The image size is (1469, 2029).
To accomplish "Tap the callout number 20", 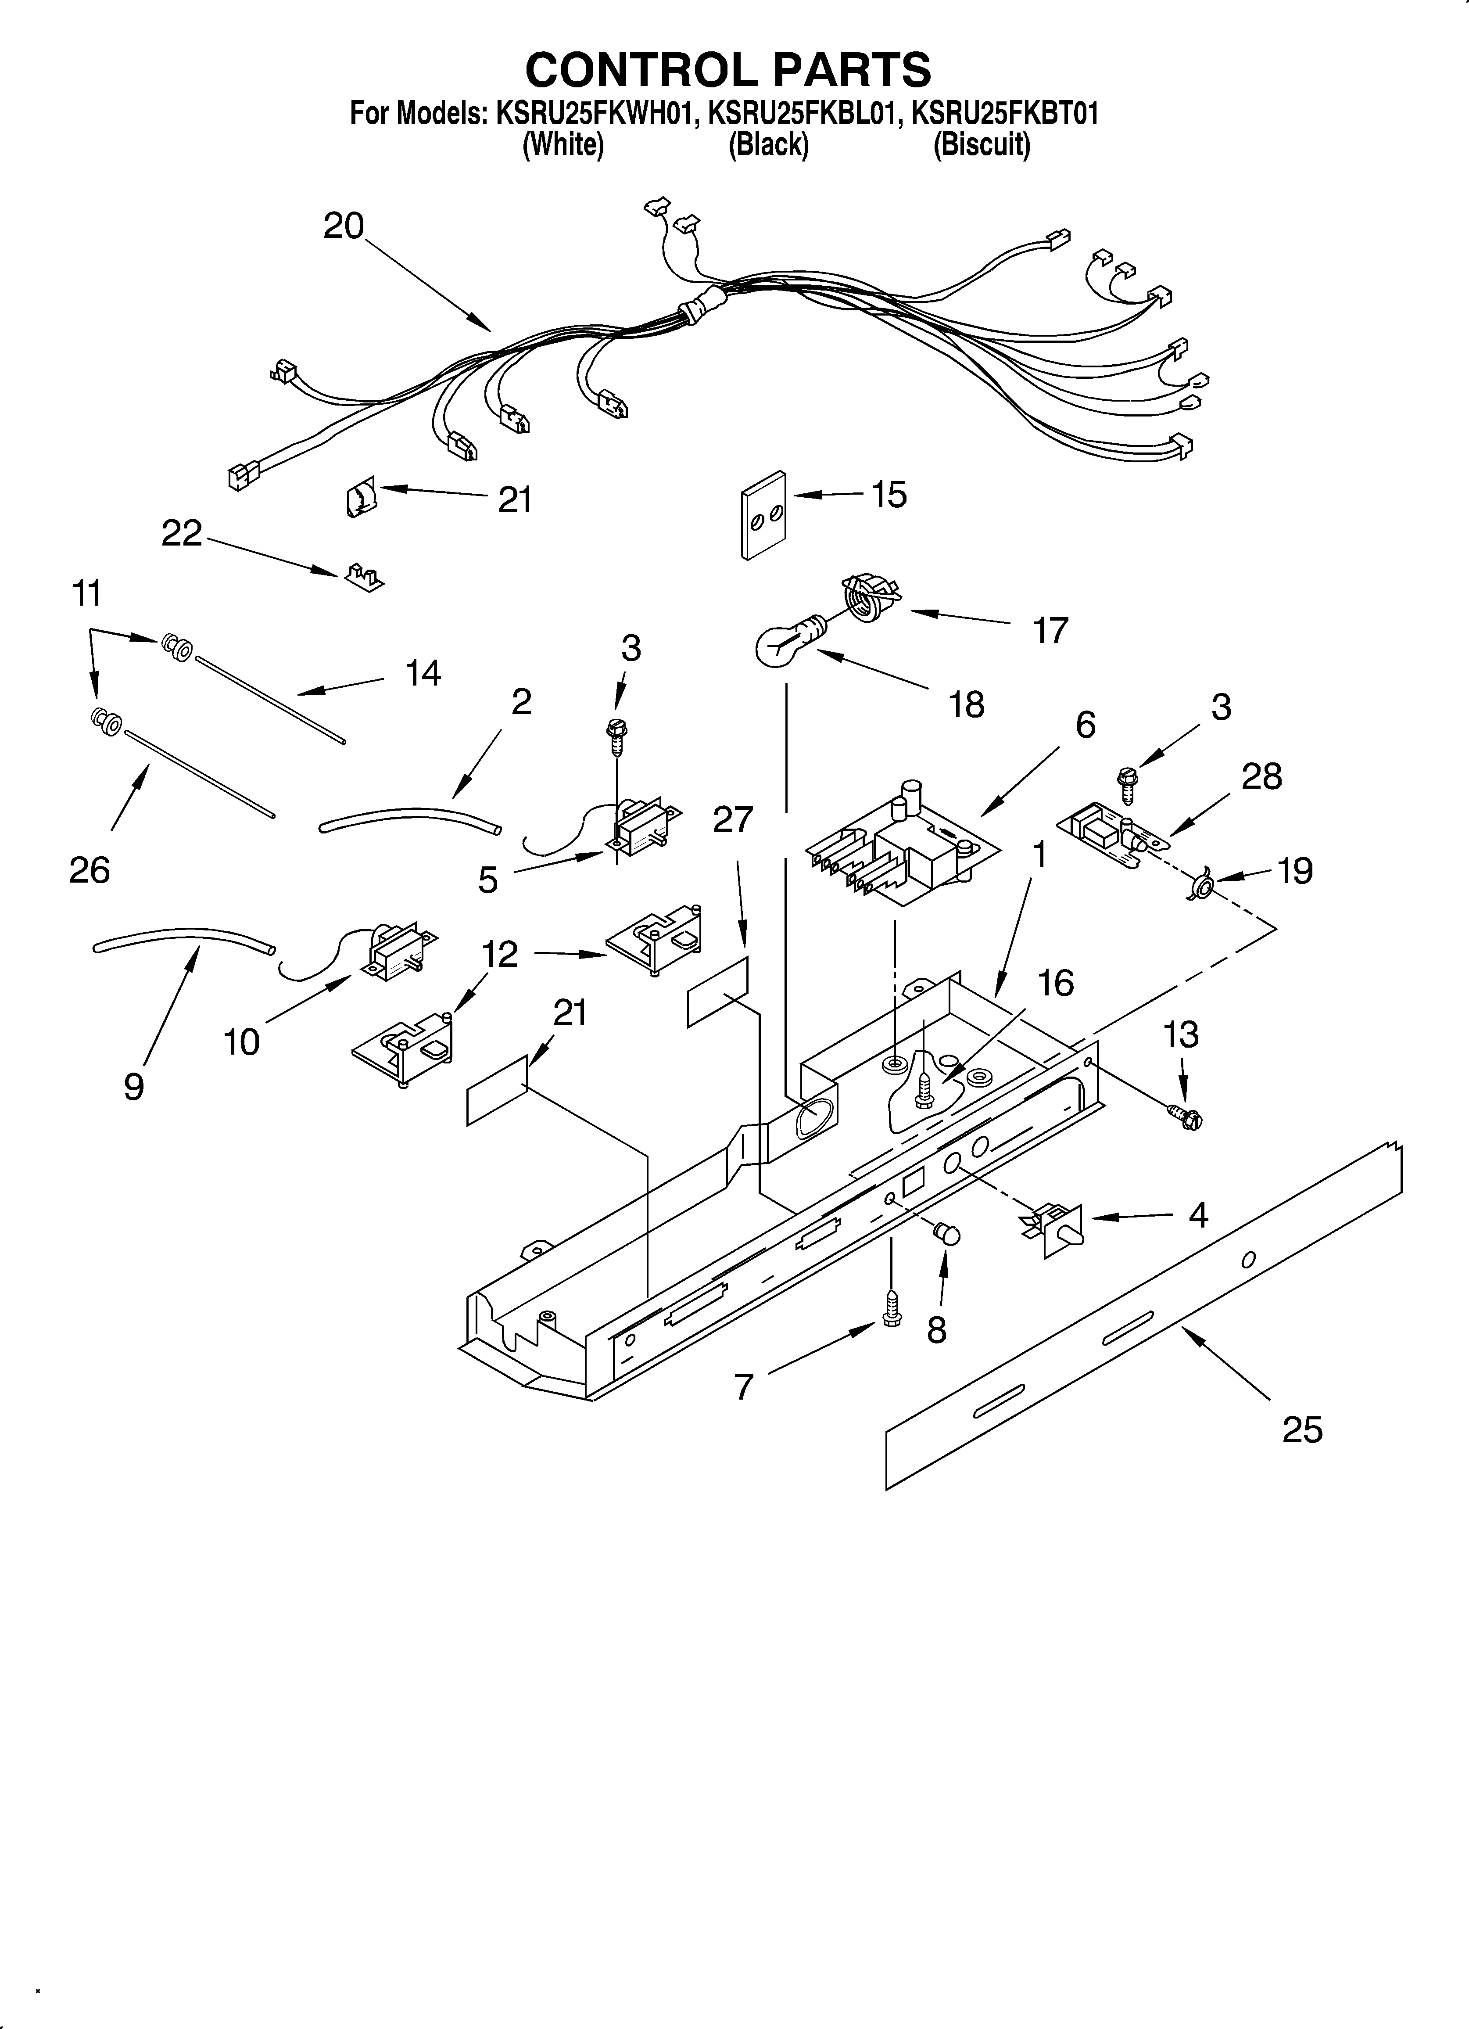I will point(344,226).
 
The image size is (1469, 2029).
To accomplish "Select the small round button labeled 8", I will point(946,1235).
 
